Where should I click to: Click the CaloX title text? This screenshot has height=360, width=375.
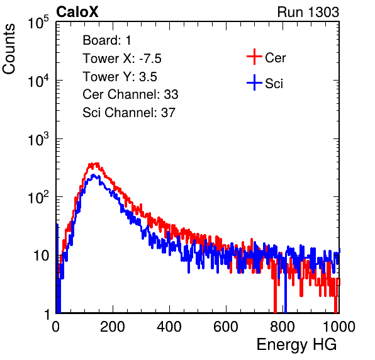(x=77, y=12)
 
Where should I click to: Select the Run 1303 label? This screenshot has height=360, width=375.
(x=308, y=12)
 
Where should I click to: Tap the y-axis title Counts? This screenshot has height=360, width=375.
(x=9, y=49)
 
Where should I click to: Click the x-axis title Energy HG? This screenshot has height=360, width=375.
(x=296, y=345)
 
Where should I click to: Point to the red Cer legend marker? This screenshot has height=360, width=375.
(x=254, y=57)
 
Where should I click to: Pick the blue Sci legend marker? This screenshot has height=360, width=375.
(x=254, y=82)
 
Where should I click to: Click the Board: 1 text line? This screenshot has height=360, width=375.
(x=107, y=40)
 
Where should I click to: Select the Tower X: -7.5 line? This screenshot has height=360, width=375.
(x=122, y=59)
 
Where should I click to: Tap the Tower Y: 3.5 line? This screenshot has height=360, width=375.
(x=120, y=77)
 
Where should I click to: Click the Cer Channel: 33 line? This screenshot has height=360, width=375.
(x=130, y=94)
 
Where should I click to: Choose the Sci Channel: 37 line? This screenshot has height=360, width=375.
(x=129, y=113)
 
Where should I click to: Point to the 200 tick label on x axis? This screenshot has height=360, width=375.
(x=113, y=327)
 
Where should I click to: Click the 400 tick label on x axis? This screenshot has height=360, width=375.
(x=169, y=327)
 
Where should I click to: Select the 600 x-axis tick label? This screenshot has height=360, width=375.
(x=226, y=327)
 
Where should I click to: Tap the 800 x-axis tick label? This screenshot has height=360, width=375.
(x=283, y=327)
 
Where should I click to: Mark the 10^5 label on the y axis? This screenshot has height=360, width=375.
(x=38, y=23)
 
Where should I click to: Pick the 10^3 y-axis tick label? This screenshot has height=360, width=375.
(x=38, y=139)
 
